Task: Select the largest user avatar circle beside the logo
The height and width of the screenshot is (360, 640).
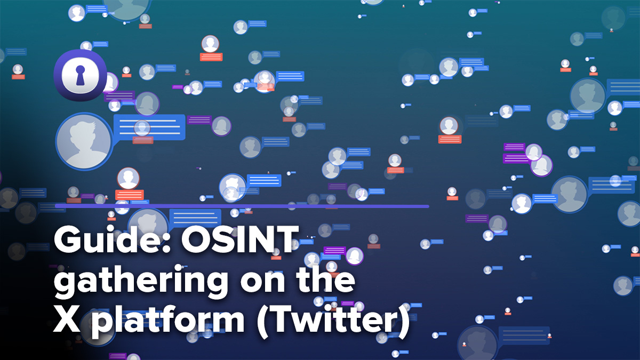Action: tap(84, 141)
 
